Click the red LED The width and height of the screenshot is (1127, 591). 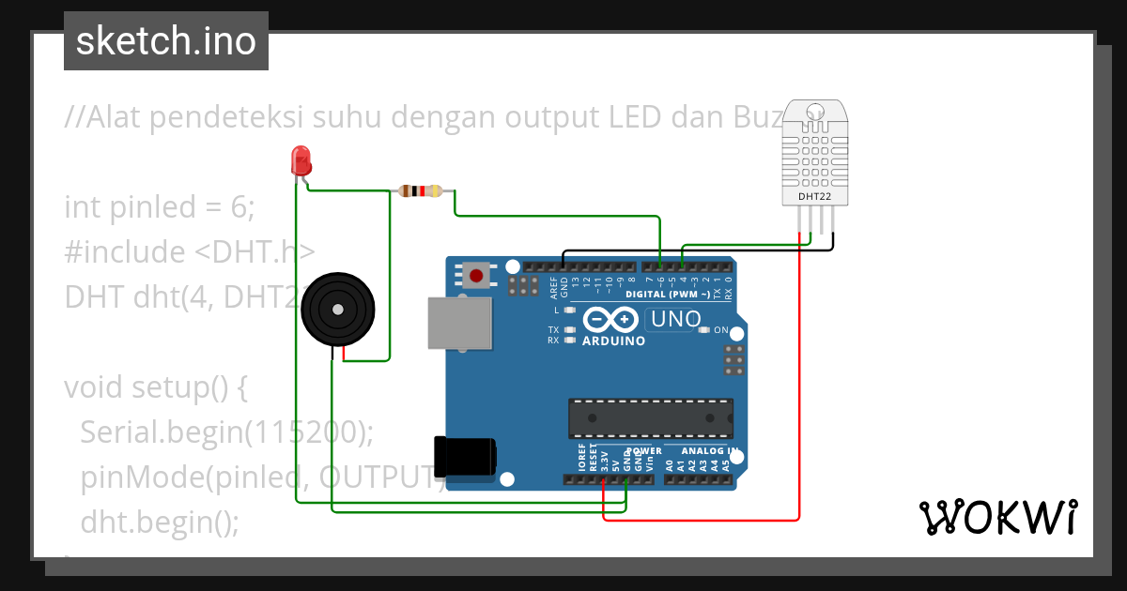pyautogui.click(x=301, y=160)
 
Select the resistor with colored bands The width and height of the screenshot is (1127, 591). pyautogui.click(x=421, y=191)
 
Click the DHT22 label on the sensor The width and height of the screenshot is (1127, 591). pyautogui.click(x=815, y=198)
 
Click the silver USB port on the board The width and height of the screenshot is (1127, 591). pyautogui.click(x=459, y=324)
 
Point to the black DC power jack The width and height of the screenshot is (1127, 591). pyautogui.click(x=464, y=457)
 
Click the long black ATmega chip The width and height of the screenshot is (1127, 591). pyautogui.click(x=650, y=417)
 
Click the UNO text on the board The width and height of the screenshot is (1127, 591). pyautogui.click(x=676, y=319)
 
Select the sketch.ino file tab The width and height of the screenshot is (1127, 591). pyautogui.click(x=166, y=41)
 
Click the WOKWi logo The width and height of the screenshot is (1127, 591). pyautogui.click(x=997, y=517)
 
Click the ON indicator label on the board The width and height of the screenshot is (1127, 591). pyautogui.click(x=721, y=330)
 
